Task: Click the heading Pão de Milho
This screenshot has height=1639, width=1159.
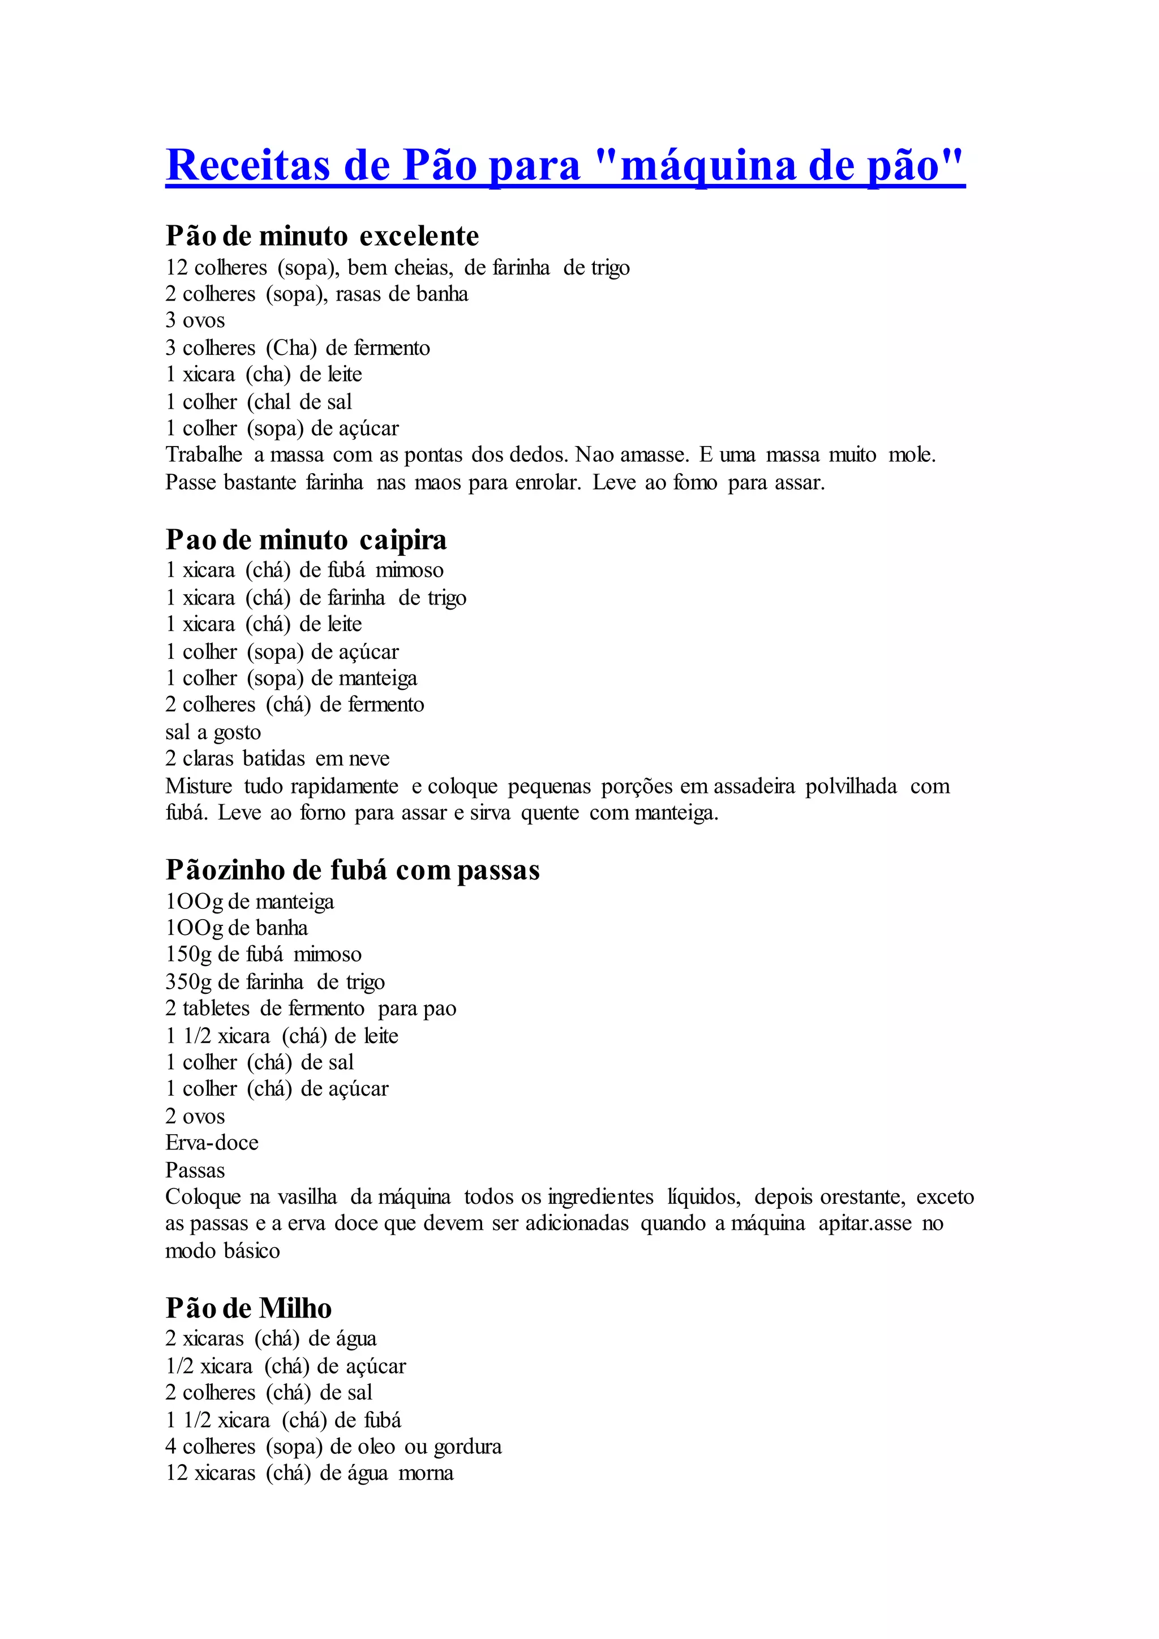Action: [x=248, y=1308]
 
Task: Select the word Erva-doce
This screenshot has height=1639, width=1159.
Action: [x=212, y=1142]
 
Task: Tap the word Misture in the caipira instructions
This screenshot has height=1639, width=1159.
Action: [x=199, y=786]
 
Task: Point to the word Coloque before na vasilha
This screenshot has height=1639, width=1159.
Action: [x=203, y=1196]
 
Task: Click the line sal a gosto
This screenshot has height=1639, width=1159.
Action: [x=213, y=732]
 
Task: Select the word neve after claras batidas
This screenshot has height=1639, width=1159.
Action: [x=369, y=759]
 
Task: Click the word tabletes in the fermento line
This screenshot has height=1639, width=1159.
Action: [x=216, y=1009]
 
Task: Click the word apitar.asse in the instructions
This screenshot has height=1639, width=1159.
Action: [x=865, y=1224]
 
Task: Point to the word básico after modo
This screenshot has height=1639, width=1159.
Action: [x=251, y=1251]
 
